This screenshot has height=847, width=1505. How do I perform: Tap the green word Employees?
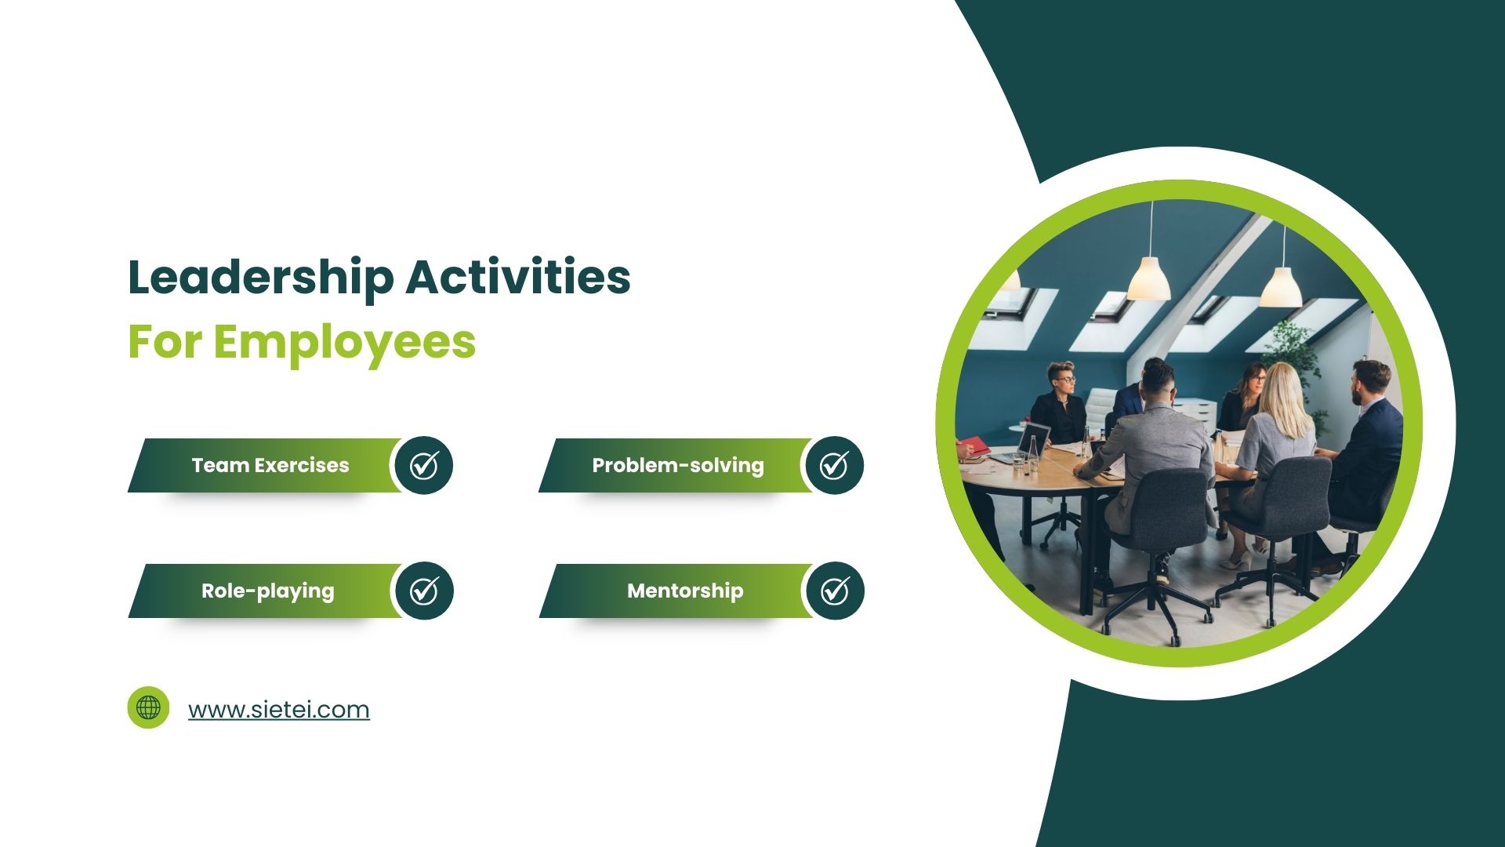[344, 342]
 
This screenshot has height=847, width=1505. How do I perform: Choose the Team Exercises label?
[270, 465]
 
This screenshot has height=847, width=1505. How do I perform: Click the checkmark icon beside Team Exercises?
[424, 465]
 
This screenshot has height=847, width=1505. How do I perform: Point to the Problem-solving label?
[677, 465]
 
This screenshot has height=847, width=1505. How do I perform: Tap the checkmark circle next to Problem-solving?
[834, 465]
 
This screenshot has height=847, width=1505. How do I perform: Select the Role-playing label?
[267, 591]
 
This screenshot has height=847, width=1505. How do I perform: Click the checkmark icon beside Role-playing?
[424, 591]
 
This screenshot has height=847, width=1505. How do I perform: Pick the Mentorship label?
[685, 591]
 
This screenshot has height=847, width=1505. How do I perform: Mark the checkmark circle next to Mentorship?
[835, 591]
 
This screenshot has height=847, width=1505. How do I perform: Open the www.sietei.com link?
[278, 709]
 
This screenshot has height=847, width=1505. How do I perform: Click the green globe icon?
[148, 707]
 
